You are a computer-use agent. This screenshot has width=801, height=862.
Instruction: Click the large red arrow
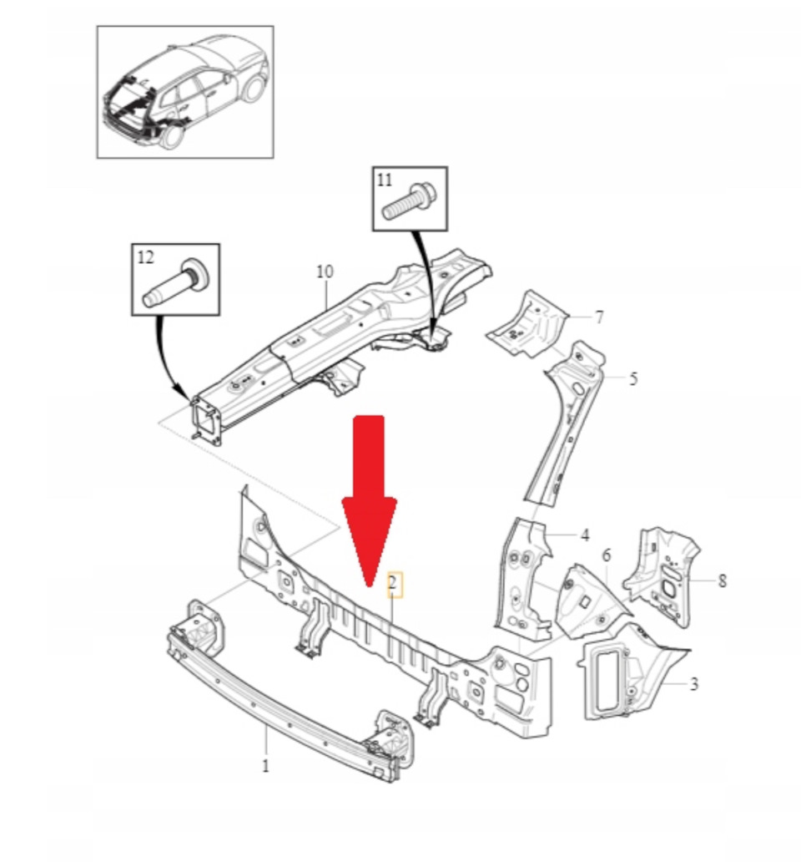pyautogui.click(x=370, y=493)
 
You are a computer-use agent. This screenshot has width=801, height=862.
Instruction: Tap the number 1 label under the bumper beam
pyautogui.click(x=265, y=764)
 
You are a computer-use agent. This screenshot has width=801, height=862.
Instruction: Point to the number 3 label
pyautogui.click(x=693, y=684)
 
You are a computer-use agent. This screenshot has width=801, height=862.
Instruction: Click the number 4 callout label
pyautogui.click(x=585, y=535)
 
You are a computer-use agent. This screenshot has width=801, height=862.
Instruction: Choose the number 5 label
pyautogui.click(x=606, y=555)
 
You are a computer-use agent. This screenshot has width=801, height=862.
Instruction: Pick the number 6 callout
pyautogui.click(x=598, y=317)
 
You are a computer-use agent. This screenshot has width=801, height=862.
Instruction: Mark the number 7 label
pyautogui.click(x=722, y=581)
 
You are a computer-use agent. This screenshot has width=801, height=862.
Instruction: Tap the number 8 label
pyautogui.click(x=325, y=271)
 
